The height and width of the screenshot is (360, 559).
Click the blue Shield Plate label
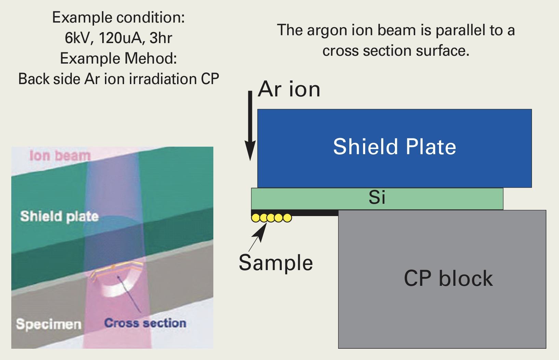coord(395,147)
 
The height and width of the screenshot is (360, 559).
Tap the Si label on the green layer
coord(377,197)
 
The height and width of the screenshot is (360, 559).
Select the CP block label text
coord(448,278)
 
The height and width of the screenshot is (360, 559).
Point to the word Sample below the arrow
coord(276,263)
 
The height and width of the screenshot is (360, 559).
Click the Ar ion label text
coord(289,89)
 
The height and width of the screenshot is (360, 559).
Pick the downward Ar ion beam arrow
coord(250,126)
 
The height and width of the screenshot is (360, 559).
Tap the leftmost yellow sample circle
coord(255,218)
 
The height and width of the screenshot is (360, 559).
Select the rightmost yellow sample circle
coord(288,218)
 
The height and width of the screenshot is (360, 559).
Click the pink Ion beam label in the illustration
coord(60,156)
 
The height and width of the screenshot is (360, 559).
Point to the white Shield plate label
coord(59,216)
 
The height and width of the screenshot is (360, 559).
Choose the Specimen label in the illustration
coord(49,324)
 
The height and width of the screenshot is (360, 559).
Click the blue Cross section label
coord(145,323)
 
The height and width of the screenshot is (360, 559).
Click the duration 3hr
coord(161,38)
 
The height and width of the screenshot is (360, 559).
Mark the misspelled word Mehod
coord(151,58)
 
